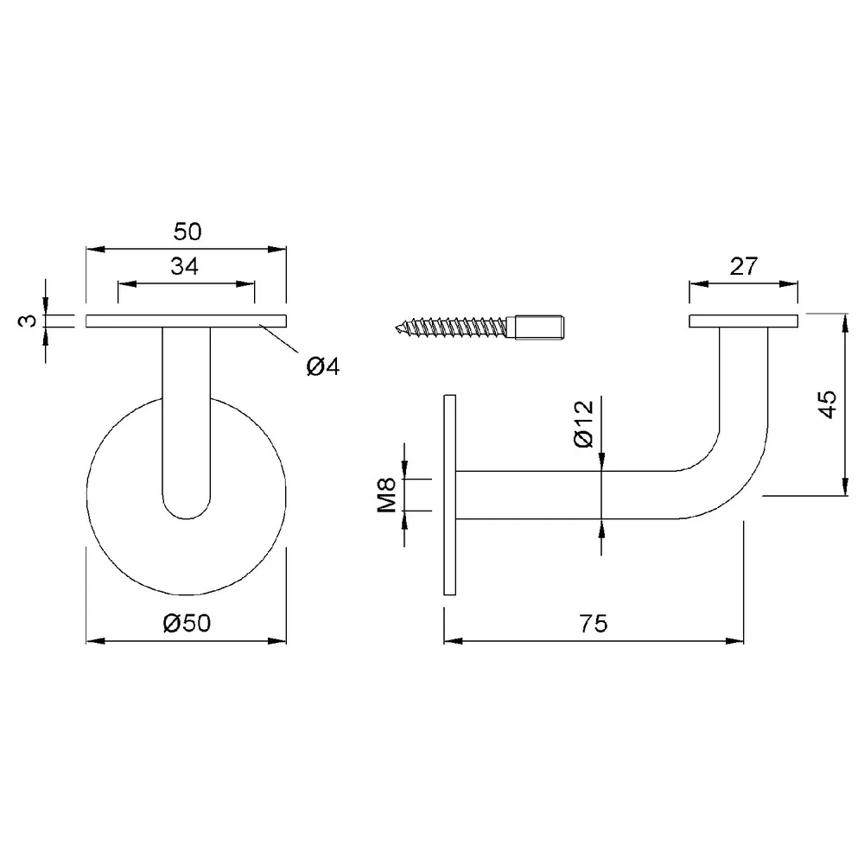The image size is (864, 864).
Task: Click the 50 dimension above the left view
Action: click(187, 232)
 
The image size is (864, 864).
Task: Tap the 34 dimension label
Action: click(185, 267)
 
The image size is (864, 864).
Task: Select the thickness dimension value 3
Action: click(29, 321)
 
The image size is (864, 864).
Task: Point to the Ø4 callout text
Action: click(323, 366)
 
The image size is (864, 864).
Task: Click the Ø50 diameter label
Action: click(187, 623)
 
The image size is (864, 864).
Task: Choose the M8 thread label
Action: click(387, 495)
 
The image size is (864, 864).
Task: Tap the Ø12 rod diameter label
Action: click(583, 423)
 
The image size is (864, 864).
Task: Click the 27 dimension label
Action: click(744, 267)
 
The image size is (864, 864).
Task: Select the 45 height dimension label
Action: click(829, 404)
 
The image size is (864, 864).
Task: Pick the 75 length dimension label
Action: click(594, 624)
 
